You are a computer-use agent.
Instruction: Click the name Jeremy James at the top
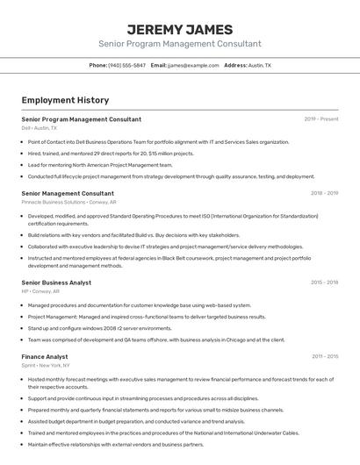tap(179, 29)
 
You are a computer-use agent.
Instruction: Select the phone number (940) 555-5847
tap(126, 65)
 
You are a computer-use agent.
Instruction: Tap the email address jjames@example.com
tap(193, 65)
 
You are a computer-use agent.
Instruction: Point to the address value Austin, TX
tap(260, 65)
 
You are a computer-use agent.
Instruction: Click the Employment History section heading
tap(65, 100)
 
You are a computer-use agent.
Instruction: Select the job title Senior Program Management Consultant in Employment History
tap(81, 119)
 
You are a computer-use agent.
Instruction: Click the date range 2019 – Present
tap(321, 119)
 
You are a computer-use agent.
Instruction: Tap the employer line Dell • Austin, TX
tap(40, 128)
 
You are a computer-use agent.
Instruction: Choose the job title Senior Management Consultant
tap(68, 193)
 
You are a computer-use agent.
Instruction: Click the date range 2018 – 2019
tap(325, 193)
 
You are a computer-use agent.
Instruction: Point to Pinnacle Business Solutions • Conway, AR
tap(68, 202)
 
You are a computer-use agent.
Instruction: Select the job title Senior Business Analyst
tap(56, 283)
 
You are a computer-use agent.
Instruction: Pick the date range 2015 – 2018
tap(325, 283)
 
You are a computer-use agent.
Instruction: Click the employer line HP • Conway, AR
tap(40, 291)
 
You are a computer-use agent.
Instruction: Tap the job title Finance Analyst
tap(45, 357)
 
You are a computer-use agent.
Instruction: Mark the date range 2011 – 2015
tap(325, 357)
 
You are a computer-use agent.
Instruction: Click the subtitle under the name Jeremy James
tap(179, 44)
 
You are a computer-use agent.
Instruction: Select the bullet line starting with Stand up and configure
tap(99, 328)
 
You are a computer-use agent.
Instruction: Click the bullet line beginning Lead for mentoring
tap(100, 165)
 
